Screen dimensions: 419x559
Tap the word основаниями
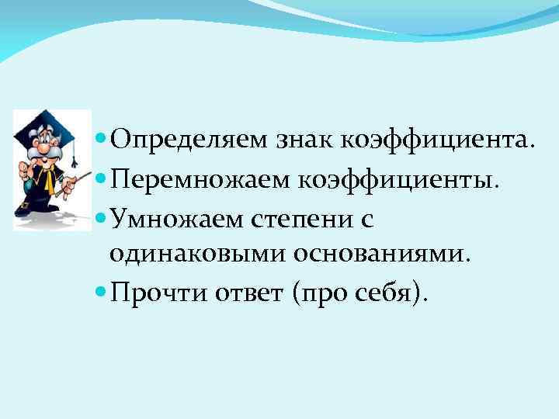[x=384, y=255]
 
